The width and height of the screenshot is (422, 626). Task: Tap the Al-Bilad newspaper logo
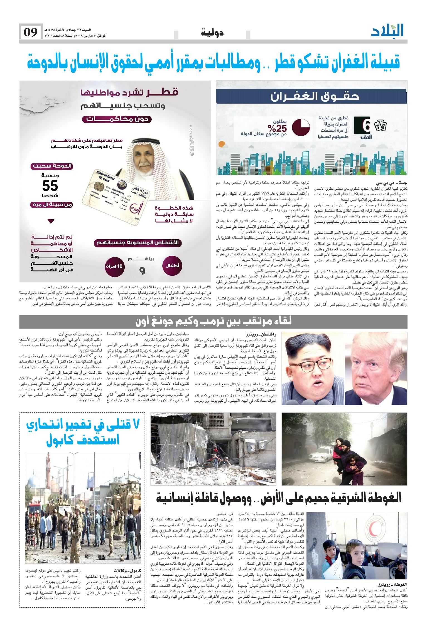point(387,31)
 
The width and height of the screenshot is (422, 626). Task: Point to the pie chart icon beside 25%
point(302,127)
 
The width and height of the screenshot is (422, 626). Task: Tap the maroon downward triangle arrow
point(51,221)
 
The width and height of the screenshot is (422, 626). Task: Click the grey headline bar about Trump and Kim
point(213,322)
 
